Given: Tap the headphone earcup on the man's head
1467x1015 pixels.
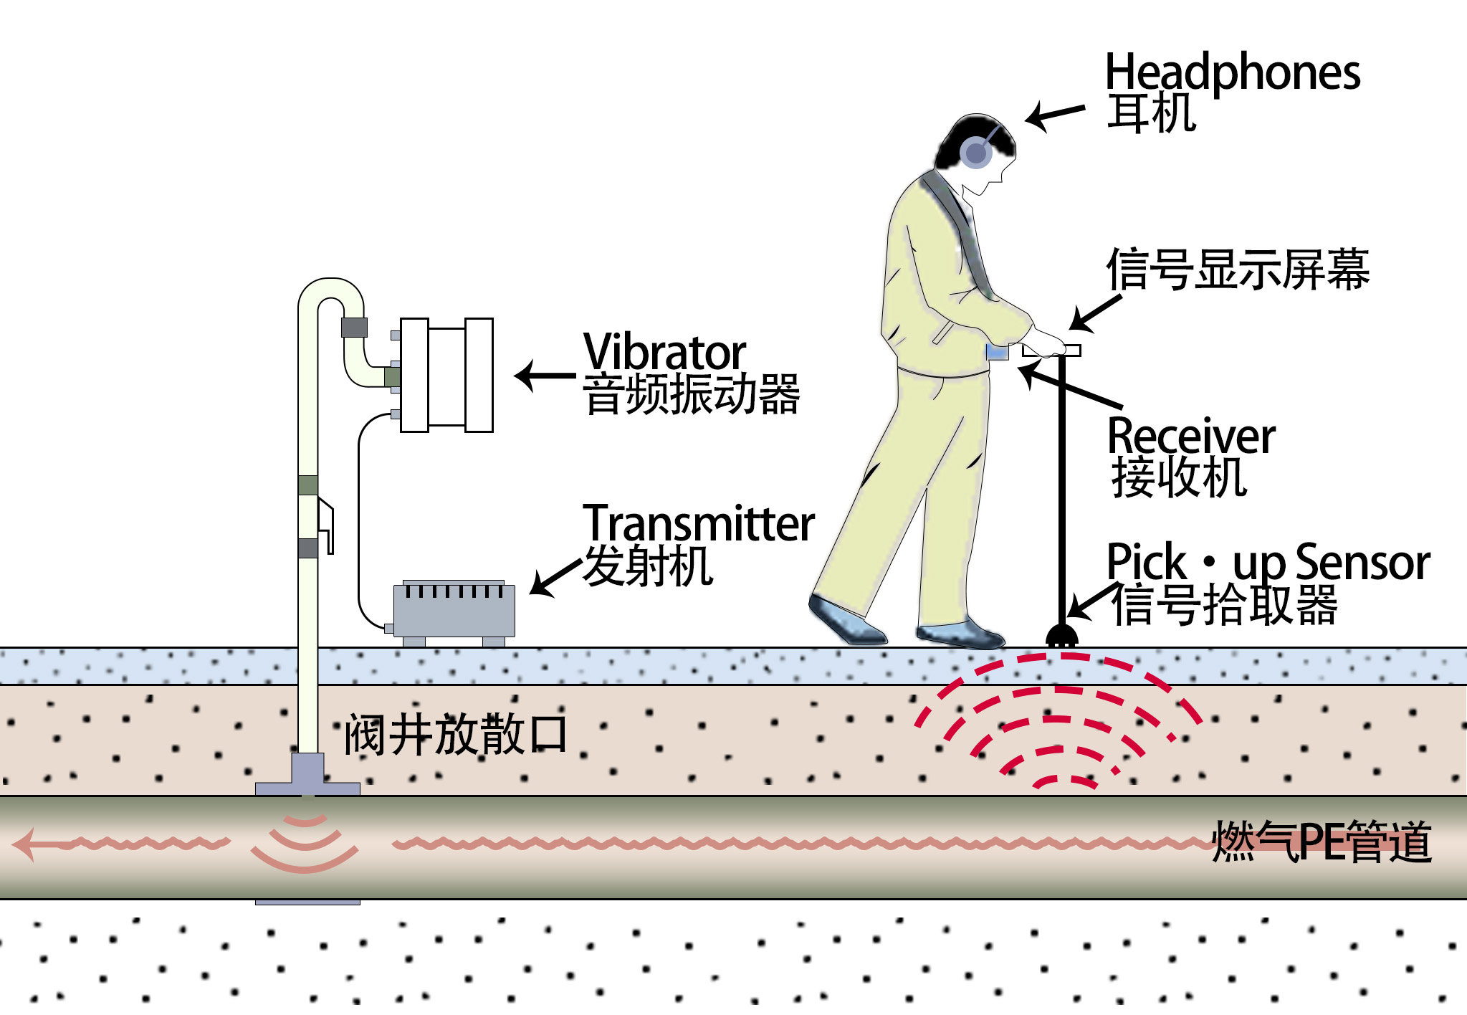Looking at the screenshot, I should tap(975, 153).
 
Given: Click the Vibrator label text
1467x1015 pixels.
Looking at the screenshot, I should tap(664, 352).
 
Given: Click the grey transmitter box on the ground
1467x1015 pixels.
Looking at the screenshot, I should tap(454, 611).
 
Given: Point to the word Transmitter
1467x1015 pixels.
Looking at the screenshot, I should tap(699, 524).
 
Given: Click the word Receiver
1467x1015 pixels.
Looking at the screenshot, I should tap(1191, 435).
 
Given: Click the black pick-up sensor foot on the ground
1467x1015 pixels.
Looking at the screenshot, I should tap(1061, 636).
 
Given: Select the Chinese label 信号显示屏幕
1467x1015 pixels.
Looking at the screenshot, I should tap(1238, 270).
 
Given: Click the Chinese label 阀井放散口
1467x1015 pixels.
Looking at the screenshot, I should tap(456, 735).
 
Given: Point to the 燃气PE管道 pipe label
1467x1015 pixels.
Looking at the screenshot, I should tap(1322, 842).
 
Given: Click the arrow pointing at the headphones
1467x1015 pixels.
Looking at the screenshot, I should tap(1053, 115).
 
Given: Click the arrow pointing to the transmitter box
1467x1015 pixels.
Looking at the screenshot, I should tap(555, 576).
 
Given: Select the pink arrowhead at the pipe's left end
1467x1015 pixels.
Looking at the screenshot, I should tap(26, 844).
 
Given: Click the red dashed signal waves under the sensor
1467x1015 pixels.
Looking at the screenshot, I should tap(1057, 717).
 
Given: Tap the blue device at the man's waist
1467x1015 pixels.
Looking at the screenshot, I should tap(997, 351).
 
